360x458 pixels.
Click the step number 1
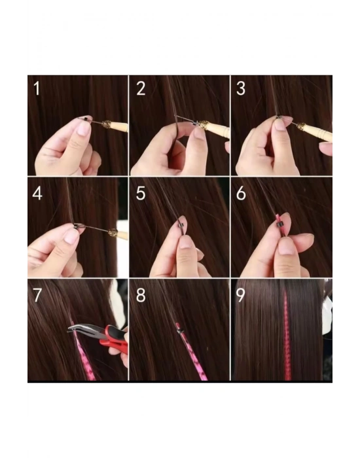pyautogui.click(x=37, y=88)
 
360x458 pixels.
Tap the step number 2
pyautogui.click(x=140, y=88)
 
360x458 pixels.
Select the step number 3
pyautogui.click(x=241, y=88)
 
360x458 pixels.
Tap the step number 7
pyautogui.click(x=37, y=295)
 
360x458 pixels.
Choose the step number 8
pyautogui.click(x=140, y=295)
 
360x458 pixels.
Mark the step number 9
pyautogui.click(x=241, y=295)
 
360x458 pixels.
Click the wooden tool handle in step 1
pyautogui.click(x=118, y=126)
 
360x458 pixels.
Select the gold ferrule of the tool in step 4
pyautogui.click(x=113, y=232)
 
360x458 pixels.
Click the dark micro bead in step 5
pyautogui.click(x=179, y=227)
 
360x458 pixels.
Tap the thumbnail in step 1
pyautogui.click(x=83, y=128)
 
